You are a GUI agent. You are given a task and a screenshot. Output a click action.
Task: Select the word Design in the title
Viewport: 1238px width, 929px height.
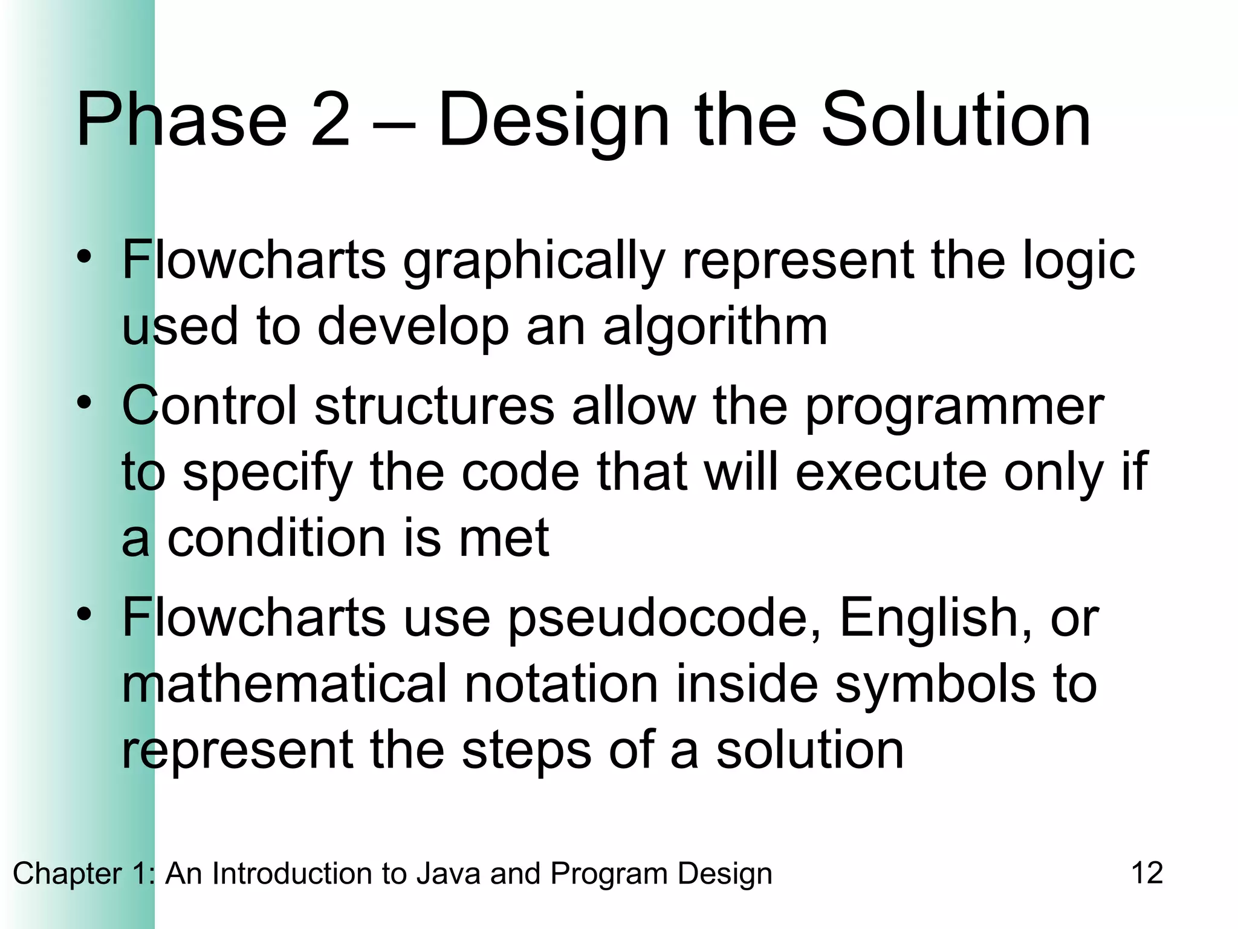pos(553,121)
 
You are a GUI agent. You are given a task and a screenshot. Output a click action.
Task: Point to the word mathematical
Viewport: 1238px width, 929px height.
pos(285,684)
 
